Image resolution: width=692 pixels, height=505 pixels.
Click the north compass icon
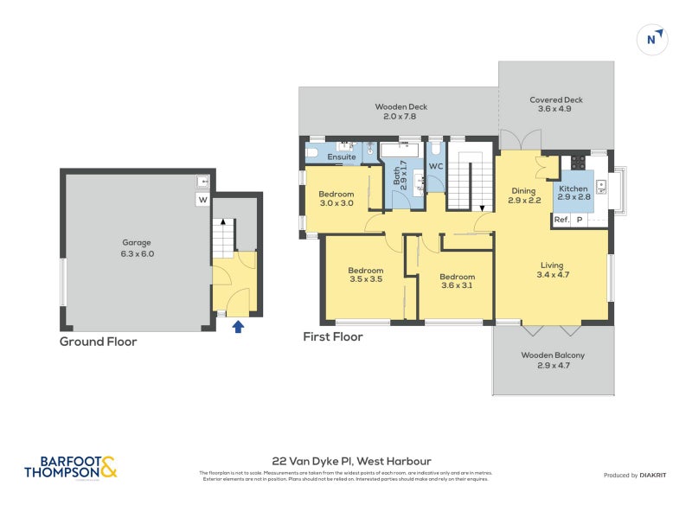tap(653, 39)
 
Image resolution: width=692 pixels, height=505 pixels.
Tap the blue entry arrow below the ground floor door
tap(239, 325)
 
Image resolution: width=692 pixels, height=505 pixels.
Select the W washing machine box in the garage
tap(202, 201)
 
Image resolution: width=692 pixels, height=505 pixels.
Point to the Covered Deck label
tap(555, 105)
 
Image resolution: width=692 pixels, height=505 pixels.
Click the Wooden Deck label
tap(400, 112)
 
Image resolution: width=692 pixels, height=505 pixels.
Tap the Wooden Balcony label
tap(553, 360)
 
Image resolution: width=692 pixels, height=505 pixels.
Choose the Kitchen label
tap(573, 193)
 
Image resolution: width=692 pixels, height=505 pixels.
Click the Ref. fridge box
tap(561, 220)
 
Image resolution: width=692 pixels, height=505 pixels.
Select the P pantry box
tap(580, 220)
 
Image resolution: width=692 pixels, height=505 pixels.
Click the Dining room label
tap(523, 195)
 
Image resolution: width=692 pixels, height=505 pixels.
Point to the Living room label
tap(553, 270)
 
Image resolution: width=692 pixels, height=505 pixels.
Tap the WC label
tap(436, 165)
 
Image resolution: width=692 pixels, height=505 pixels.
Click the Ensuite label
tap(341, 157)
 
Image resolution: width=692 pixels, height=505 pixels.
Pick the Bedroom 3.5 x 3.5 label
tap(365, 275)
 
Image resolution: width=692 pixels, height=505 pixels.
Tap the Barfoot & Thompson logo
tap(70, 468)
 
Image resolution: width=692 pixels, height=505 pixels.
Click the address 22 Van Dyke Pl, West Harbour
tap(345, 461)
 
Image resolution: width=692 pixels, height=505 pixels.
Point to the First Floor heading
tap(332, 336)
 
